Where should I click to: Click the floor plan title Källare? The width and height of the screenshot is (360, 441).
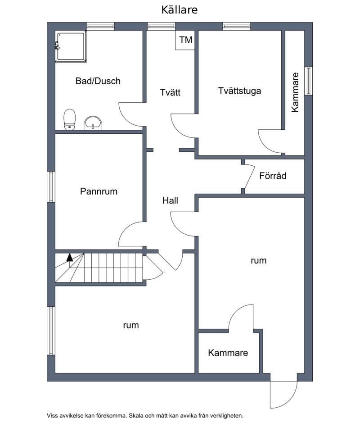click(179, 10)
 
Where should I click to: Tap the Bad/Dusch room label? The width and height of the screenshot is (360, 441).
click(98, 81)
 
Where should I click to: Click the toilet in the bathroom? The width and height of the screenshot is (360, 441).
click(70, 119)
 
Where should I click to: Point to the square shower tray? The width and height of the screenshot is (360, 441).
click(71, 47)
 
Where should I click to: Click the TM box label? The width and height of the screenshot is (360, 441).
click(186, 40)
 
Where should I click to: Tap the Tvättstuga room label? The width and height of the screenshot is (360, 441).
click(239, 91)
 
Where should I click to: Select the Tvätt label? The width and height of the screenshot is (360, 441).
click(170, 92)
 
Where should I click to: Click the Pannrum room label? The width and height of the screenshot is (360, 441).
click(99, 191)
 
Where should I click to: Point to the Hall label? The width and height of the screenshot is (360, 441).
click(170, 200)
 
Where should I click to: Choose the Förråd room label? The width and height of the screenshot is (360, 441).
click(273, 176)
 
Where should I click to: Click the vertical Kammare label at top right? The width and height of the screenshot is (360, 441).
click(295, 92)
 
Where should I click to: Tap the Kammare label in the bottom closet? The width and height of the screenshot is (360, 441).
click(228, 353)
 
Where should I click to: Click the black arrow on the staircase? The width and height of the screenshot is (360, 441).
click(69, 257)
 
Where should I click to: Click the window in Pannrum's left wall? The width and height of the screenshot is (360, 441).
click(51, 186)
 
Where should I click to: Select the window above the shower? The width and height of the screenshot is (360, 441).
click(100, 26)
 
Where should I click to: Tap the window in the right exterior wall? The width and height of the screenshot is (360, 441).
click(309, 81)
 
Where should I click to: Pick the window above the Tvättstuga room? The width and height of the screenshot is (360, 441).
click(237, 26)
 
